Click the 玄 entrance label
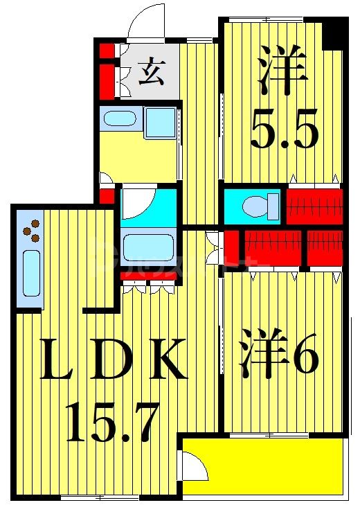point(150,72)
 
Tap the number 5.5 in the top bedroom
point(285,128)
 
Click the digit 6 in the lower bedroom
point(305,357)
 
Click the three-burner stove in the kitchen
point(31,231)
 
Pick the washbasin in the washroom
point(121,120)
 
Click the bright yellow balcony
point(270,468)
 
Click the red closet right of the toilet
point(313,205)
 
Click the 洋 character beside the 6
point(263,357)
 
